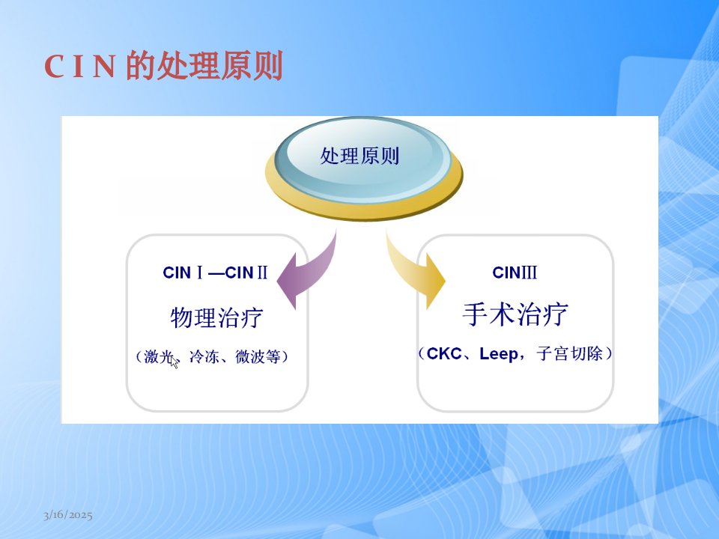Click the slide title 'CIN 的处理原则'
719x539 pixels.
pos(163,66)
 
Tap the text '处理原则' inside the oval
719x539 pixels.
pos(359,156)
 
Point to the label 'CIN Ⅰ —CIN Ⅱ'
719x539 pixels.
pos(215,272)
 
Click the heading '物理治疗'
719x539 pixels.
pos(217,317)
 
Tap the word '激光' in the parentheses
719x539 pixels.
pos(159,356)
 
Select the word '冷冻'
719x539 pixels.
pos(204,356)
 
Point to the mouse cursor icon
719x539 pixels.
pos(174,362)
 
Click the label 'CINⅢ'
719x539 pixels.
pos(515,272)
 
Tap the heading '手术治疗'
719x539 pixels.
pos(515,314)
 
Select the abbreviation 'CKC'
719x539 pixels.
pos(444,354)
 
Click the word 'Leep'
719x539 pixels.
pos(499,354)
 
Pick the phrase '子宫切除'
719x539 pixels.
pos(569,354)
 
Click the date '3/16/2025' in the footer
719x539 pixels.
pos(68,515)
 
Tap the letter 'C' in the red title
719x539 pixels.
pos(54,67)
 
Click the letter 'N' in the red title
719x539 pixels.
pos(103,67)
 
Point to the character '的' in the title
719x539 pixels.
pos(140,66)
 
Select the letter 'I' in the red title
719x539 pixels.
pos(79,67)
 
